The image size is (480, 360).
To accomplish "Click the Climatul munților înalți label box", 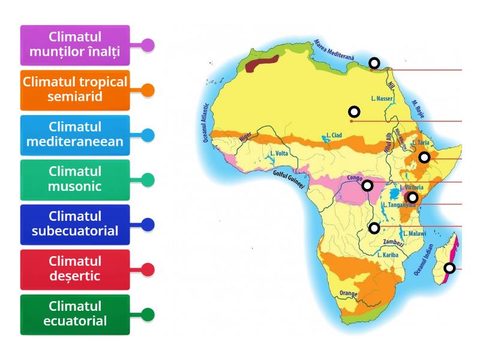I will coord(75,45).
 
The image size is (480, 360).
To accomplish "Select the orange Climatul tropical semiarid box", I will coord(75,89).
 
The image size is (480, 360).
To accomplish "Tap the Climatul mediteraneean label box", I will coord(75,134).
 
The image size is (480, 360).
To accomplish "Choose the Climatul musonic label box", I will coord(75,179).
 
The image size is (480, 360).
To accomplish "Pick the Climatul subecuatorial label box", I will coord(75,224).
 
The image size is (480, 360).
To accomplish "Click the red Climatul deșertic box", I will coord(75,269).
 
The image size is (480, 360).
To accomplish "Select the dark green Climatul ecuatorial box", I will coord(75,314).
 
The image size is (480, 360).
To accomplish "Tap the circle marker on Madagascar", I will coord(449,268).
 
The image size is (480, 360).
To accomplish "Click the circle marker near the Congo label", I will coord(367,186).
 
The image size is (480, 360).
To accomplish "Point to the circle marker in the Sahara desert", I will coord(354,112).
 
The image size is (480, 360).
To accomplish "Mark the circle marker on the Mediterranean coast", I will coord(374,63).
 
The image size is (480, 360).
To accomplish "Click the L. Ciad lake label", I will coord(334,136).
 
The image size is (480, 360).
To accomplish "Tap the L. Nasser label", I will coord(382,98).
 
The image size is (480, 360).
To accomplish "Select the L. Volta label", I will coord(280,153).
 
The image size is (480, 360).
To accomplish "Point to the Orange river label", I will coord(348,293).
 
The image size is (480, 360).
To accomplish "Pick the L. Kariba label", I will coord(388,254).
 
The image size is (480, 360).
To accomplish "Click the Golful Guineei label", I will coord(289,179).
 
